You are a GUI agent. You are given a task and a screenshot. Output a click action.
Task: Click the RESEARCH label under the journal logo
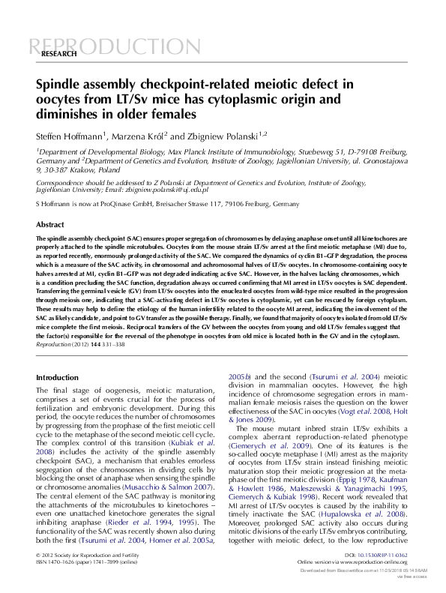click(x=58, y=55)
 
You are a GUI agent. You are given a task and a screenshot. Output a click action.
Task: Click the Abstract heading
click(x=50, y=224)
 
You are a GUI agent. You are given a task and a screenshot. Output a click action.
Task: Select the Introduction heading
click(x=57, y=378)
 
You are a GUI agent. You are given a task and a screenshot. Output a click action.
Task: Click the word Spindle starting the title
click(x=61, y=85)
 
